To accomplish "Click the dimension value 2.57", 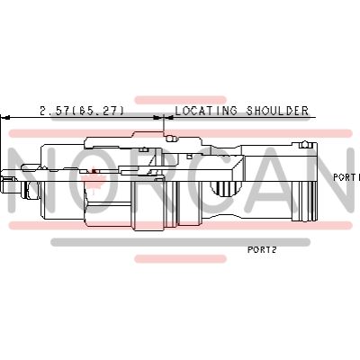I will pos(56,112).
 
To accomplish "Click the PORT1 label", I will pos(346,177).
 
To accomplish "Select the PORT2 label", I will pos(261,250).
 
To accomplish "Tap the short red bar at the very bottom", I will pos(180,259).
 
